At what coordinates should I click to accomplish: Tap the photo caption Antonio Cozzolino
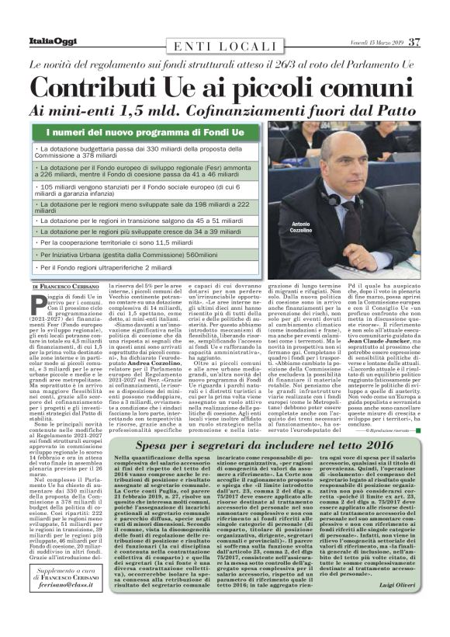(299, 227)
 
